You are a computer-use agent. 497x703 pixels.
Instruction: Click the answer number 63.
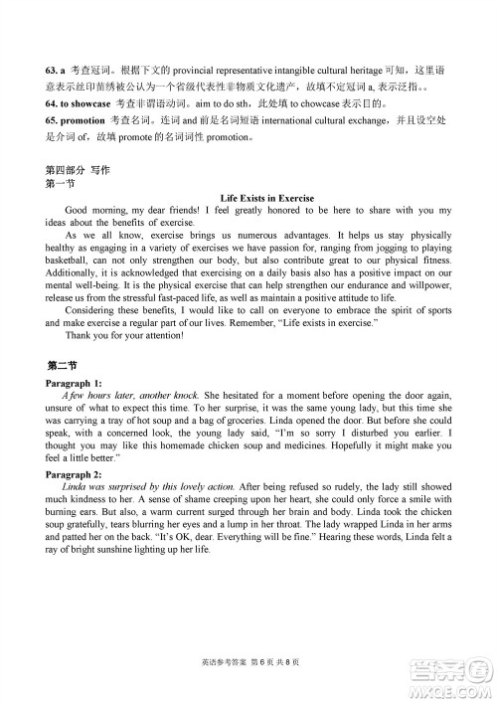point(54,73)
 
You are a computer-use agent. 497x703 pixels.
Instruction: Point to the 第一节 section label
point(61,184)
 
